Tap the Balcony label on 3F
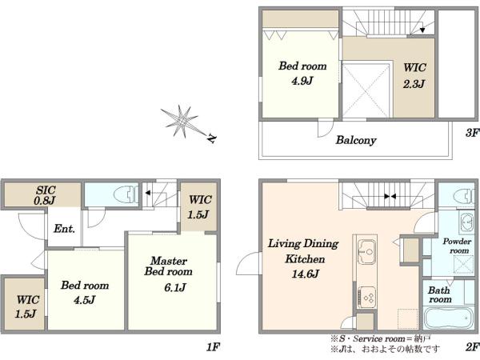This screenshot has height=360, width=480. click(x=356, y=140)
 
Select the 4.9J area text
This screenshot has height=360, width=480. click(x=302, y=81)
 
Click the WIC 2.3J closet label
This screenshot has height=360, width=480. click(x=414, y=75)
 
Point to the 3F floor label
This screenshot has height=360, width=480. click(x=472, y=133)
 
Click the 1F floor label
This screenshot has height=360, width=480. click(x=213, y=347)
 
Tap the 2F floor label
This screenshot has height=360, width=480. click(x=472, y=347)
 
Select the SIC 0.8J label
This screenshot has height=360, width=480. click(x=46, y=195)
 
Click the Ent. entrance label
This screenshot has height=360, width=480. click(x=64, y=228)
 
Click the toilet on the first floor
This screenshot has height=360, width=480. click(x=126, y=194)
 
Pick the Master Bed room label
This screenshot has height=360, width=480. click(x=169, y=266)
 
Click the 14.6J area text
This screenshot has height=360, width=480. click(x=306, y=274)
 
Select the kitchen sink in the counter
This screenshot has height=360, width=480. click(x=367, y=252)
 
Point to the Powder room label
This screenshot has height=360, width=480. click(x=457, y=246)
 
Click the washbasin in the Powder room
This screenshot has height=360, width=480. click(x=466, y=222)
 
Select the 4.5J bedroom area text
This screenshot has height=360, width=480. click(x=85, y=300)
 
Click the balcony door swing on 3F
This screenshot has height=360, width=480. click(x=325, y=129)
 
